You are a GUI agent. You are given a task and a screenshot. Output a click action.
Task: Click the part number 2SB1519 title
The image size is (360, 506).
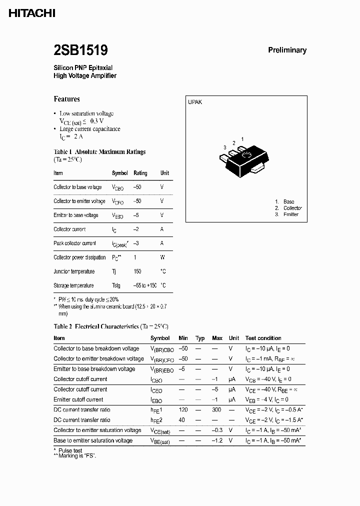click(80, 50)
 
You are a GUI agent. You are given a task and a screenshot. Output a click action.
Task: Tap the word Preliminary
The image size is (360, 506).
click(287, 50)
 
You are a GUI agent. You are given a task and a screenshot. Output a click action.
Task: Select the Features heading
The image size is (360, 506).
click(66, 99)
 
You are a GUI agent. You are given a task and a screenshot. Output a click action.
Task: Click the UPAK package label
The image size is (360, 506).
click(195, 102)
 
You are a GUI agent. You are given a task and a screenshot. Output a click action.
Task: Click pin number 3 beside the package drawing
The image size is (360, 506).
click(225, 147)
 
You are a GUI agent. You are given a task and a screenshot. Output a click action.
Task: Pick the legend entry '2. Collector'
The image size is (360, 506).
click(288, 208)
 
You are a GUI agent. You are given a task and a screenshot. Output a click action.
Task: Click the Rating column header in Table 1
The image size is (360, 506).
click(140, 173)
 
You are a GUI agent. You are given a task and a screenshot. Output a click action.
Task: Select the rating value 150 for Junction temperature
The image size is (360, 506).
click(137, 271)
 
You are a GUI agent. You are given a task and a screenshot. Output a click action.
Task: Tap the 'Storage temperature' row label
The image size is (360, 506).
click(73, 285)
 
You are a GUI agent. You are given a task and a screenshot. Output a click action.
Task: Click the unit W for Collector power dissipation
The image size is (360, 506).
click(162, 257)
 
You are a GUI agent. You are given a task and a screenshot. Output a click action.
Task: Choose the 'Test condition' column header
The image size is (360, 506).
click(263, 338)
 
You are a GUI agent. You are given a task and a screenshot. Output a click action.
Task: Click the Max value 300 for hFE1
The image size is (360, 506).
click(217, 410)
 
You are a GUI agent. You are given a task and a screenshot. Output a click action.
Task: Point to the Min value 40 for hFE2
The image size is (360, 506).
click(182, 420)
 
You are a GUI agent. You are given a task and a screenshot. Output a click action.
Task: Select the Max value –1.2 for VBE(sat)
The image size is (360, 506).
click(217, 440)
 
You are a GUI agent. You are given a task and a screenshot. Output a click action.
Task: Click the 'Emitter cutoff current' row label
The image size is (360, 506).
click(78, 399)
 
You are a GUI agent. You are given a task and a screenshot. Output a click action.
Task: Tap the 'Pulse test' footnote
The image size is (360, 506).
click(71, 450)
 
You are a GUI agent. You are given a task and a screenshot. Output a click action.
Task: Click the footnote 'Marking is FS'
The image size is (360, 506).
click(77, 456)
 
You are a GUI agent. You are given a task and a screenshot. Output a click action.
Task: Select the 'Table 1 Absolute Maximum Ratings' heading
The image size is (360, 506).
click(99, 151)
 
